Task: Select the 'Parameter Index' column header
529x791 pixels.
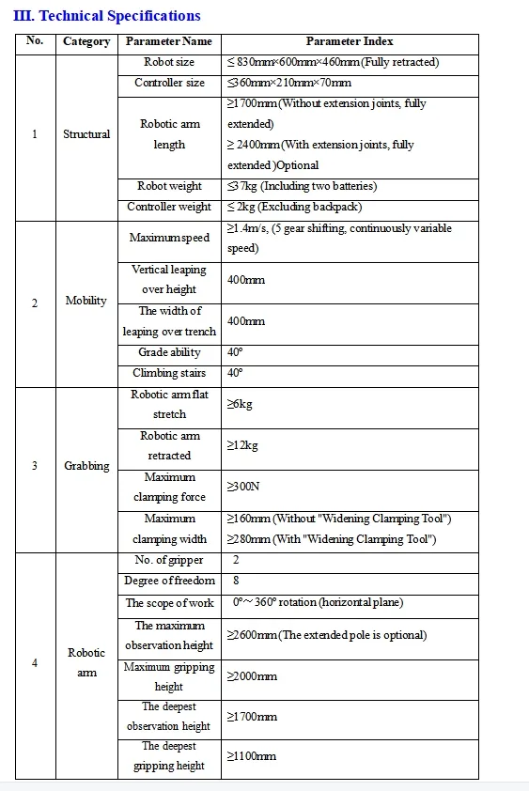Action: [x=350, y=41]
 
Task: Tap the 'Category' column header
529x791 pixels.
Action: [x=86, y=41]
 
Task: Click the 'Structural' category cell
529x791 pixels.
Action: [x=86, y=134]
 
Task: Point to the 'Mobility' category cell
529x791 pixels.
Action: [x=86, y=301]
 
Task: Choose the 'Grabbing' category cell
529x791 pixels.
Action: [x=86, y=466]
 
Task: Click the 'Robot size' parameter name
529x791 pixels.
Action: [x=169, y=63]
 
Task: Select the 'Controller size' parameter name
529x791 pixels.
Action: [x=169, y=84]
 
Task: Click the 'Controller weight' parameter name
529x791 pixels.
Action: [x=169, y=207]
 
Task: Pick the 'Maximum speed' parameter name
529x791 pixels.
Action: [x=169, y=238]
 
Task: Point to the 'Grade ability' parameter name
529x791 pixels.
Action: [x=169, y=352]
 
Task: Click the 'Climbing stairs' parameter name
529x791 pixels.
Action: [x=169, y=373]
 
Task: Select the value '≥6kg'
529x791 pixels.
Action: [x=241, y=404]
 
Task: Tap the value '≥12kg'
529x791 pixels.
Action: [x=243, y=445]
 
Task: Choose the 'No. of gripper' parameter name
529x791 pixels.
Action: [x=169, y=560]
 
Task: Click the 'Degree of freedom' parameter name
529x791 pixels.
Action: [x=169, y=581]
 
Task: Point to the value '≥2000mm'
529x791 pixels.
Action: [x=252, y=676]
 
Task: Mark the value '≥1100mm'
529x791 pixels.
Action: [x=252, y=755]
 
